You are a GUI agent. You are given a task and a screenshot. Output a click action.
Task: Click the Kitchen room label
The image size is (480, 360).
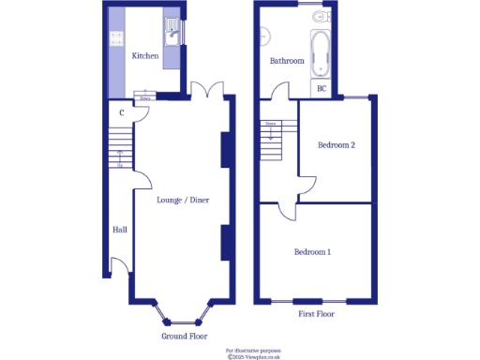click(144, 56)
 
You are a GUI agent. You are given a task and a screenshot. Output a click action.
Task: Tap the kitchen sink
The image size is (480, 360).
click(173, 35)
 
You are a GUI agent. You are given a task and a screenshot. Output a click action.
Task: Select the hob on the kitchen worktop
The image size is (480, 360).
click(117, 38)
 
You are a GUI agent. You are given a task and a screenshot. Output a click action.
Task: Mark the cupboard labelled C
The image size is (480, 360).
click(122, 114)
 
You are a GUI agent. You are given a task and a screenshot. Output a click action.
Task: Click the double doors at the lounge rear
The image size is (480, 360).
click(205, 90)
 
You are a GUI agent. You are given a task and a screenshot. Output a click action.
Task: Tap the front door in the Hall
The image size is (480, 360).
click(120, 266)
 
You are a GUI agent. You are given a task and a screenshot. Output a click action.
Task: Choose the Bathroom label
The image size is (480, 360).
click(286, 61)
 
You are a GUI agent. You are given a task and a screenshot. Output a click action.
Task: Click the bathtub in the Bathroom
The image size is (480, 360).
click(322, 52)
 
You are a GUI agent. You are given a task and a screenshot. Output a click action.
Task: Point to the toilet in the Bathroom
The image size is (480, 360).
click(322, 17)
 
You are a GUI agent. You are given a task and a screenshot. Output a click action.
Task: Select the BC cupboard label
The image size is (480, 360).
click(322, 89)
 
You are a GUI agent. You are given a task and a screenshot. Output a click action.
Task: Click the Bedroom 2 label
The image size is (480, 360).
click(336, 145)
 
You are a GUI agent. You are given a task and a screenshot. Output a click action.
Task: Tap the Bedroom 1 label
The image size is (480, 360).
click(312, 252)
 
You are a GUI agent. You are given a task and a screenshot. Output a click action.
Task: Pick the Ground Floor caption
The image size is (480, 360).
click(184, 336)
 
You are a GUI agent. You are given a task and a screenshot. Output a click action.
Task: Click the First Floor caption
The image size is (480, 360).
click(316, 314)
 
